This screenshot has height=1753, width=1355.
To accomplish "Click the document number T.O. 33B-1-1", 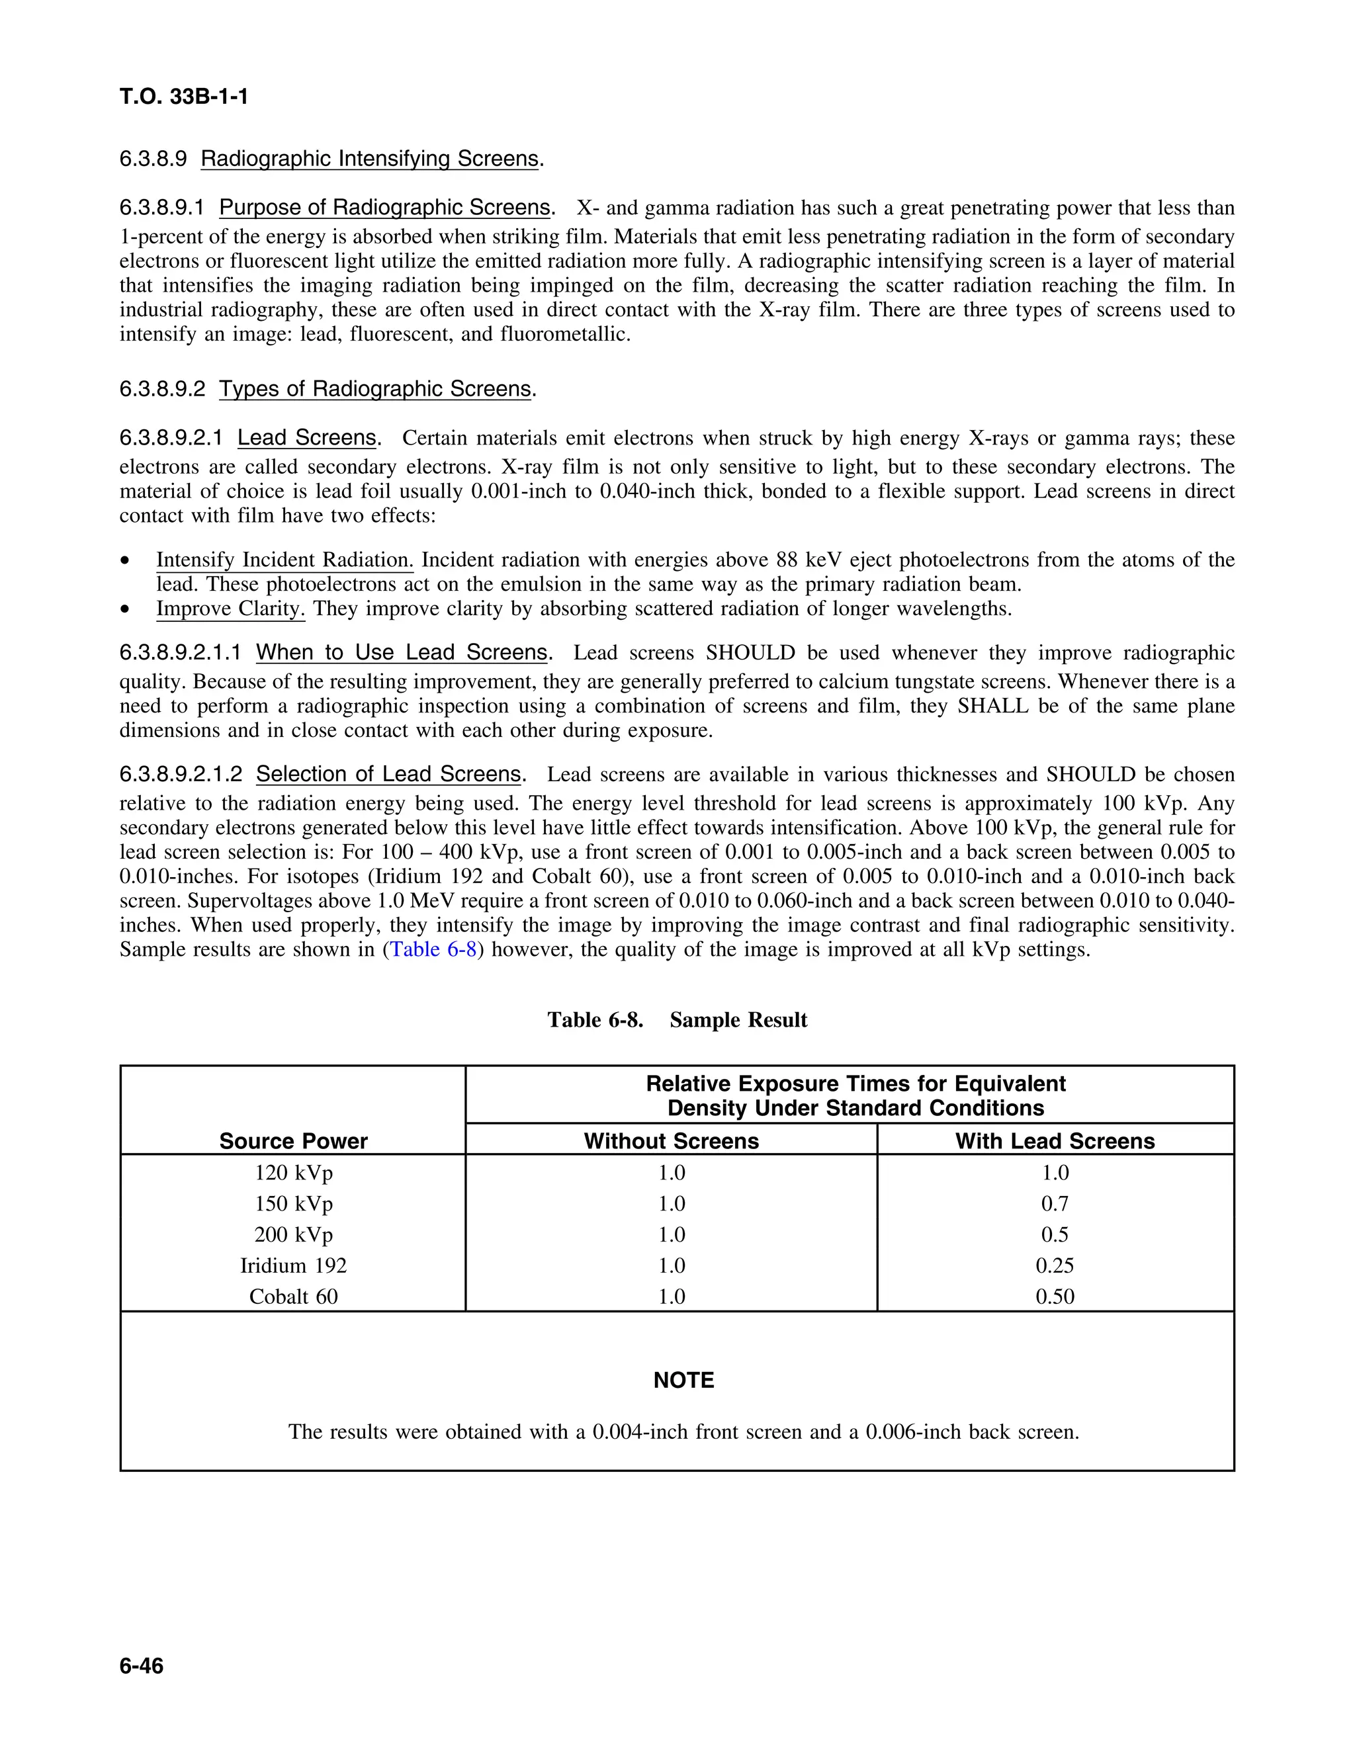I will click(x=184, y=97).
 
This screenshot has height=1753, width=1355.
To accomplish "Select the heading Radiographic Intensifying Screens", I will click(x=369, y=159).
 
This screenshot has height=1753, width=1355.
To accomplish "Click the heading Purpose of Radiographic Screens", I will click(x=384, y=208).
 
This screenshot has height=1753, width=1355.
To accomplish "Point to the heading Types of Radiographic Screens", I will click(x=375, y=389).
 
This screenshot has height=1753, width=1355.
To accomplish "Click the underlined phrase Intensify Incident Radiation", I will click(x=284, y=560).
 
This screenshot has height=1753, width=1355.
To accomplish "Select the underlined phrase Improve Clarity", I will click(x=230, y=609).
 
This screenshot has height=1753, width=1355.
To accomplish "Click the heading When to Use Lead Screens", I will click(x=402, y=652).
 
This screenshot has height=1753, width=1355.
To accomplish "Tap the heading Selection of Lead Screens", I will click(x=388, y=775).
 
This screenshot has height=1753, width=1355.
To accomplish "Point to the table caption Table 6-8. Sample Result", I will click(x=677, y=1019).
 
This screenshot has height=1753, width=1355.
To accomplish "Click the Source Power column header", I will click(x=293, y=1140).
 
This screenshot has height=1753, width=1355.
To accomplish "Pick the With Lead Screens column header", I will click(x=1054, y=1140).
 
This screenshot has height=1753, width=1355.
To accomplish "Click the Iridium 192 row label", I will click(x=293, y=1265).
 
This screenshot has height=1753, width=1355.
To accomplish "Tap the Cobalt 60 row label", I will click(x=293, y=1297).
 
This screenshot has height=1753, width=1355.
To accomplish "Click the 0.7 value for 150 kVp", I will click(x=1054, y=1204).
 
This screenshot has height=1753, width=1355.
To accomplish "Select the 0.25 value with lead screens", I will click(x=1054, y=1265).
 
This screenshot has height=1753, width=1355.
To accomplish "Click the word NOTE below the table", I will click(x=683, y=1380).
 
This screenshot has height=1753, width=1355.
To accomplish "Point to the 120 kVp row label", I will click(x=293, y=1173).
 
